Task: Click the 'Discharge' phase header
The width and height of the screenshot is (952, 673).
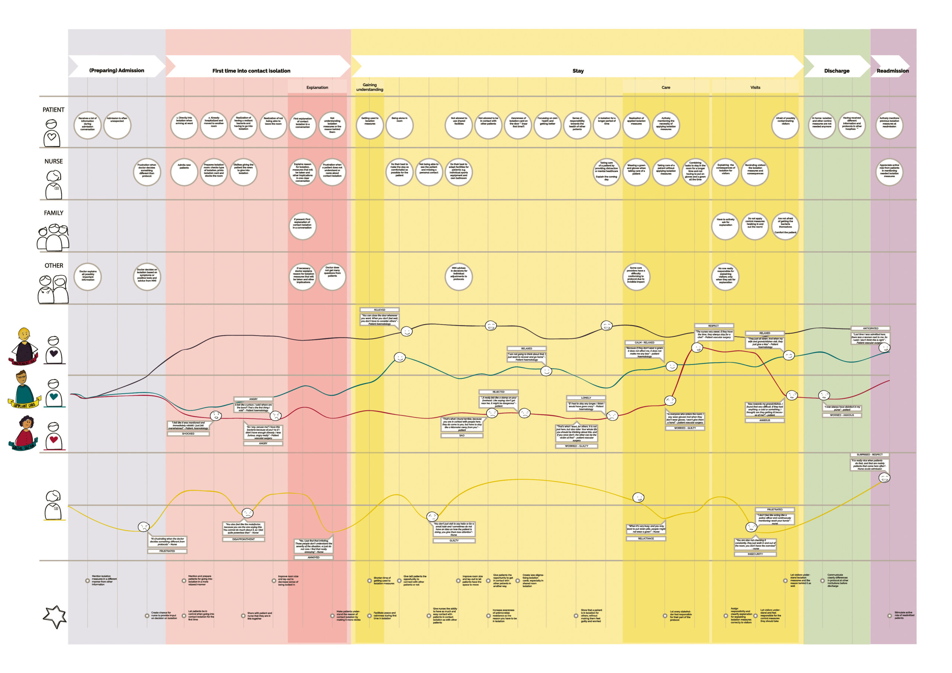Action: click(x=836, y=71)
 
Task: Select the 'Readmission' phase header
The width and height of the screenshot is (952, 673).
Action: click(x=892, y=71)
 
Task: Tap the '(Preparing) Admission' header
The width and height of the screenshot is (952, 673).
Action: click(x=116, y=71)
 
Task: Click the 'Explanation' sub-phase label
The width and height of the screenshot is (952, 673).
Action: click(x=317, y=87)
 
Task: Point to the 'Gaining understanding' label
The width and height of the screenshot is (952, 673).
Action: click(x=369, y=87)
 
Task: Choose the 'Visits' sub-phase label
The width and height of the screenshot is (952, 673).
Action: click(x=755, y=87)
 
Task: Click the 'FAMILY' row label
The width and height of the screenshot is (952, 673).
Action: click(x=54, y=213)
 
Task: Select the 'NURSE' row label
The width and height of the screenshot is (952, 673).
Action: click(x=54, y=161)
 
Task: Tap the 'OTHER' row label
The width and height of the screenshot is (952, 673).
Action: click(x=54, y=266)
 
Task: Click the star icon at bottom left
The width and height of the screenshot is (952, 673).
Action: click(x=55, y=617)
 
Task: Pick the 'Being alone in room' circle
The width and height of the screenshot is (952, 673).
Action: click(x=399, y=125)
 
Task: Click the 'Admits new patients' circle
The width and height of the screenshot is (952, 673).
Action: click(x=184, y=172)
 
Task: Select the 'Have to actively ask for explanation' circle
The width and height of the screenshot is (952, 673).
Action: click(x=725, y=226)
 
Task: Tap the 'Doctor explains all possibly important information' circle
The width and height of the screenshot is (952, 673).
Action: click(x=87, y=276)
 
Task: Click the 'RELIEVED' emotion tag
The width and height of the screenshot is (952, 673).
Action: click(x=379, y=310)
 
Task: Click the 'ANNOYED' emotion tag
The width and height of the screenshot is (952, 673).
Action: click(x=313, y=557)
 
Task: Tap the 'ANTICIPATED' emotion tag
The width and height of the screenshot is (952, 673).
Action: click(x=870, y=328)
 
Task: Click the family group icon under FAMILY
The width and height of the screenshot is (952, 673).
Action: click(x=53, y=237)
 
